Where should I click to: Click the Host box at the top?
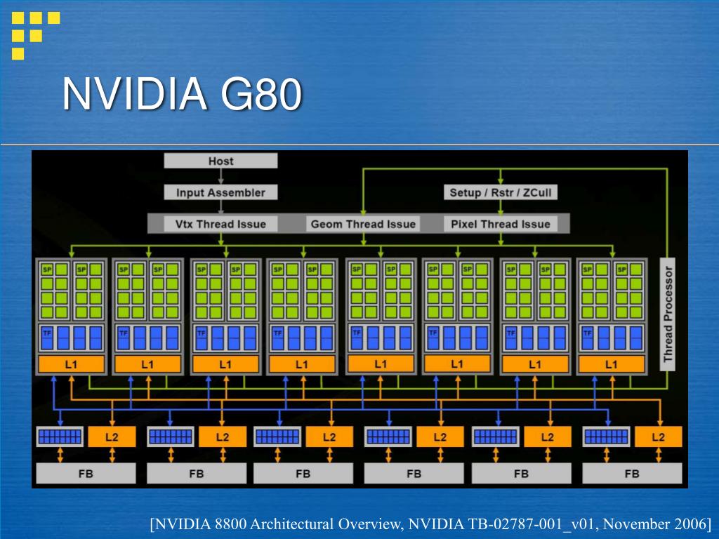coord(220,161)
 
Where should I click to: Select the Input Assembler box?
coord(220,192)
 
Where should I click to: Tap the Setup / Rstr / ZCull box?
coord(500,192)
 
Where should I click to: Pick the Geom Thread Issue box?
coord(363,225)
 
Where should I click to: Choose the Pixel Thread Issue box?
coord(500,225)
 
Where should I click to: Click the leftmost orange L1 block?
coord(70,364)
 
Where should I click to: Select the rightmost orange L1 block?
coord(611,364)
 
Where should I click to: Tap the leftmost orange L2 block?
coord(112,437)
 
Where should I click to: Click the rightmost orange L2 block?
coord(658,437)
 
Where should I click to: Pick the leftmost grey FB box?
coord(85,473)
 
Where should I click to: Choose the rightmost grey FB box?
coord(632,473)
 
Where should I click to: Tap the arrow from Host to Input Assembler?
coord(220,177)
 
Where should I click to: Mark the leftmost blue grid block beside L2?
coord(59,437)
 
